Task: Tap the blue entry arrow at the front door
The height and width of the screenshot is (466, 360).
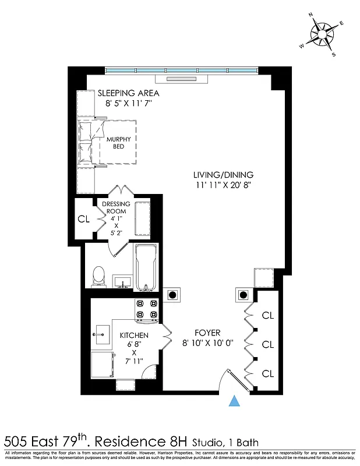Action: (x=234, y=401)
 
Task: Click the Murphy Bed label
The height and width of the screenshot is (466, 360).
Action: (x=118, y=143)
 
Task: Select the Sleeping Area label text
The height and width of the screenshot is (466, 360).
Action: (x=128, y=93)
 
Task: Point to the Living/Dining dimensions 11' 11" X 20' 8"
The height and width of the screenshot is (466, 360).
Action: (x=224, y=185)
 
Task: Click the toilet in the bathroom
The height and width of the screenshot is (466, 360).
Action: (x=98, y=276)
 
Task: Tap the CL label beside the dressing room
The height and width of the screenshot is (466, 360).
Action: (x=83, y=220)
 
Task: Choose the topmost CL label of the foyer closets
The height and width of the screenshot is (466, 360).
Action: (x=267, y=316)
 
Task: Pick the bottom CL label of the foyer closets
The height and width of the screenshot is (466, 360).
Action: (x=267, y=373)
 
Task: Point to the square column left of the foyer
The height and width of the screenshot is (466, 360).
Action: (x=172, y=295)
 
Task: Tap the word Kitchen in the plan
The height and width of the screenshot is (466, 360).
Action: (x=134, y=336)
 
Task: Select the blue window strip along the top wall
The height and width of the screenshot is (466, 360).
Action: (x=181, y=70)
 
